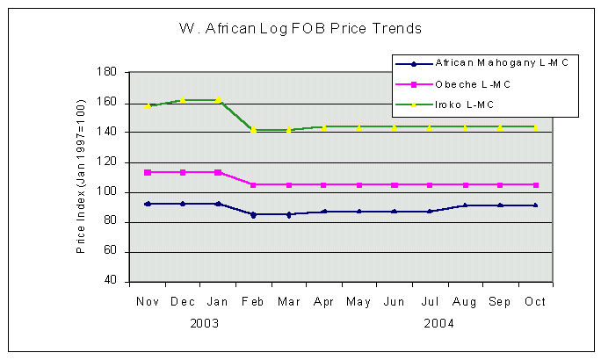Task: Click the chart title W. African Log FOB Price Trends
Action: tap(300, 29)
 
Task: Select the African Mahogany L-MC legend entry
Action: tap(489, 63)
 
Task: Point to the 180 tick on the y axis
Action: tap(110, 72)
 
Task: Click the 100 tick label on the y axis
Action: tap(110, 191)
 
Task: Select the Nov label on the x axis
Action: tap(147, 301)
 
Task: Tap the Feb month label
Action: tap(253, 301)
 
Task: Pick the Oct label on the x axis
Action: tap(535, 301)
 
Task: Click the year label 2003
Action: tap(205, 323)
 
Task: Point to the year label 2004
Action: tap(438, 323)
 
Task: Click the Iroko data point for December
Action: tap(183, 100)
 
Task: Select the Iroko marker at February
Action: tap(253, 130)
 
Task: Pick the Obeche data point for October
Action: tap(535, 184)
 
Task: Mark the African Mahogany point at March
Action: tap(288, 214)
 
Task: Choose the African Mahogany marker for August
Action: tap(465, 205)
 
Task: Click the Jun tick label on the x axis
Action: tap(395, 301)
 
